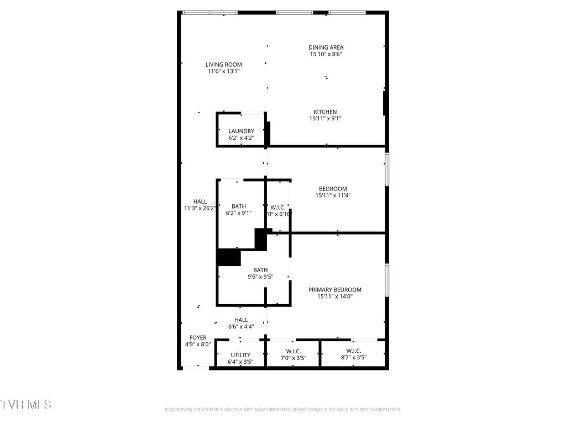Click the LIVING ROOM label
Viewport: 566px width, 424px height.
pos(224,65)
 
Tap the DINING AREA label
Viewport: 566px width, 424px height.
pos(326,47)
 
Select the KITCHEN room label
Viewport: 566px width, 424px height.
pos(325,112)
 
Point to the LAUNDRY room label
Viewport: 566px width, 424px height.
pos(241,131)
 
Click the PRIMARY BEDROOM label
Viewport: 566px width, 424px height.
pos(334,290)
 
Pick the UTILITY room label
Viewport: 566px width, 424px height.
pos(240,355)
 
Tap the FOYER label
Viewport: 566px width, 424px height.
pos(198,337)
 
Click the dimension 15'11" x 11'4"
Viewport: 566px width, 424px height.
pos(333,195)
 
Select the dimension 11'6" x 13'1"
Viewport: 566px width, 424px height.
pos(224,71)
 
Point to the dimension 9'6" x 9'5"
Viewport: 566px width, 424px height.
pos(260,277)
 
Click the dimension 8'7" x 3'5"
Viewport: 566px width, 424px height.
pos(353,358)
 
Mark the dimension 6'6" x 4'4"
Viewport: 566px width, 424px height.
pos(241,327)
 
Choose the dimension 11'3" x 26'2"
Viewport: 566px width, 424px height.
pos(200,208)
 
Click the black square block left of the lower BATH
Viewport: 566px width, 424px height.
pos(229,257)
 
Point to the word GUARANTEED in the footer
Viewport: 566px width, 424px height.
pos(383,410)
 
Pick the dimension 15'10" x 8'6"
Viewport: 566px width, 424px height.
pos(326,54)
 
